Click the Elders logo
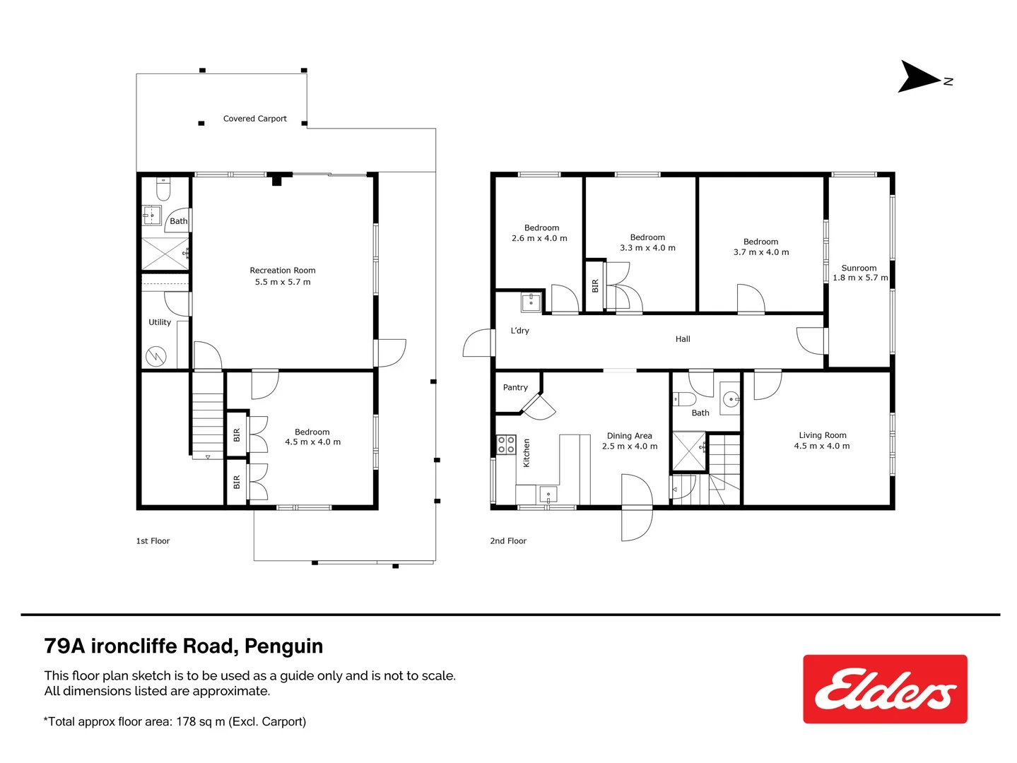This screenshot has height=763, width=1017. point(885,689)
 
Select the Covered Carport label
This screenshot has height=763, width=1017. point(254,119)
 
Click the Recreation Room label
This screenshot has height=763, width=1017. point(282,271)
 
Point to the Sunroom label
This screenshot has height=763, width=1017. point(859,268)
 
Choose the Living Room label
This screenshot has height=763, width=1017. point(822,436)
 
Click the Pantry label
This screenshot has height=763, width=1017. point(515,388)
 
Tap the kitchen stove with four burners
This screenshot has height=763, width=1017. point(506,444)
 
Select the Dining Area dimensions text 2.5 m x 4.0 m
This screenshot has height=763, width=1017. point(629,446)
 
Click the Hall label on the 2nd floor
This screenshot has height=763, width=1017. point(683,339)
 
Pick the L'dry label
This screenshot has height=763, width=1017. point(519,331)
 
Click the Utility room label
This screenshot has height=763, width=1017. point(160,322)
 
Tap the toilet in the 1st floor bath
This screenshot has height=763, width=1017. point(163,189)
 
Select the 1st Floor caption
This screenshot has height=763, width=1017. point(153,541)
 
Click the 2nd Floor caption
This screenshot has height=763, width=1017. point(508,541)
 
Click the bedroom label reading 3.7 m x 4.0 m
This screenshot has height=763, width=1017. point(760,252)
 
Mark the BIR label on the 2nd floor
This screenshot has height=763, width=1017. point(595,286)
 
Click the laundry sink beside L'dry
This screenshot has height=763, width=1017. point(531,302)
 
